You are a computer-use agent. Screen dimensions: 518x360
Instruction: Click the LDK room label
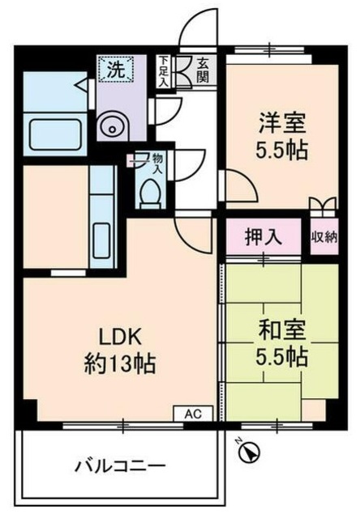122,334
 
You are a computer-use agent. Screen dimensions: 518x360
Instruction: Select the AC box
192,414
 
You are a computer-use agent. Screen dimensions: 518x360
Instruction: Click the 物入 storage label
156,164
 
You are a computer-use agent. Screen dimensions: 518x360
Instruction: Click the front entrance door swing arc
199,24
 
